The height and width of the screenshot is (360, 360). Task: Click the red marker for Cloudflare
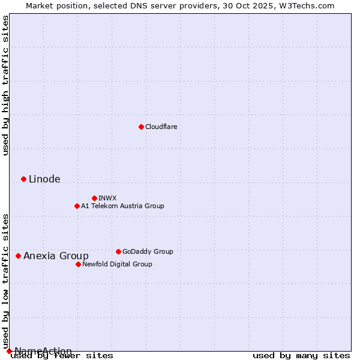tap(141, 127)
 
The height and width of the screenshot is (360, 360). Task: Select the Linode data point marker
tap(23, 179)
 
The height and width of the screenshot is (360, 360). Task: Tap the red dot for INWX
tap(94, 198)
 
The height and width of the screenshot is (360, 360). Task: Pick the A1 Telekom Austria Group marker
tap(77, 206)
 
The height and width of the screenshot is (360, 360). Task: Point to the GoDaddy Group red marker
tap(118, 251)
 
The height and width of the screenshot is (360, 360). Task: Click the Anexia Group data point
tap(18, 256)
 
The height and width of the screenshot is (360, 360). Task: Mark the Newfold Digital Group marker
tap(78, 264)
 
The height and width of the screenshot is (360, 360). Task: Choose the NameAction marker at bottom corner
tap(9, 351)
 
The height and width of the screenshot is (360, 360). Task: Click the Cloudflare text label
tap(161, 127)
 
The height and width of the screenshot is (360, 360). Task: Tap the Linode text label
tap(44, 179)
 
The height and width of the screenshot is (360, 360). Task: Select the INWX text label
tap(107, 198)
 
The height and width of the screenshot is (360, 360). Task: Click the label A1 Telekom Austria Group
tap(122, 206)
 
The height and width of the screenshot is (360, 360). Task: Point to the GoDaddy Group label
tap(148, 251)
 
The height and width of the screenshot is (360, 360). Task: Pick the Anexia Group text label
tap(56, 256)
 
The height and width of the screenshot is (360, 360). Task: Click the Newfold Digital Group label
tap(117, 264)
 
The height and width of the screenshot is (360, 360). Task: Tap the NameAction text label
tap(43, 351)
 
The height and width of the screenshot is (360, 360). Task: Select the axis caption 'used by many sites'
tap(301, 355)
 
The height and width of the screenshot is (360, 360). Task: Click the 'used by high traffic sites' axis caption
tap(6, 85)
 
